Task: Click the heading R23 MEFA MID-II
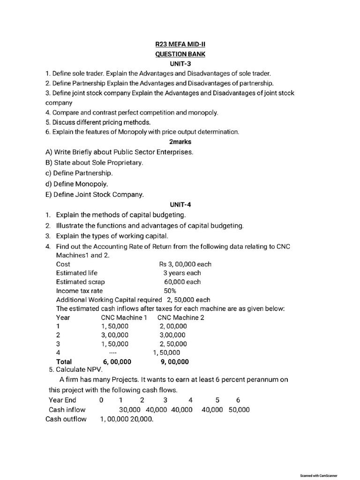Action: (180, 45)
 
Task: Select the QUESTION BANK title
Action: (180, 54)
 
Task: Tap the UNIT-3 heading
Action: (180, 63)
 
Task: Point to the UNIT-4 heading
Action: (180, 204)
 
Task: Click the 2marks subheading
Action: (180, 141)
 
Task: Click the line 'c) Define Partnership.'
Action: (79, 173)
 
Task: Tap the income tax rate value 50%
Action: (170, 291)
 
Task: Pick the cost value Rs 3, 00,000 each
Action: (185, 264)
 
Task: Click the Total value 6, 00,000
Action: (114, 361)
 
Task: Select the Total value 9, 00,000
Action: (174, 361)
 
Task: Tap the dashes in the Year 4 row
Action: (112, 352)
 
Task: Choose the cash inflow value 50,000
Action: (239, 410)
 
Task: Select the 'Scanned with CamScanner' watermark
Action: (318, 475)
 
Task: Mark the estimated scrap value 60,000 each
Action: (182, 282)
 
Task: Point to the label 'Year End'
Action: (62, 400)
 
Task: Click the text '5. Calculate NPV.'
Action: (75, 369)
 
